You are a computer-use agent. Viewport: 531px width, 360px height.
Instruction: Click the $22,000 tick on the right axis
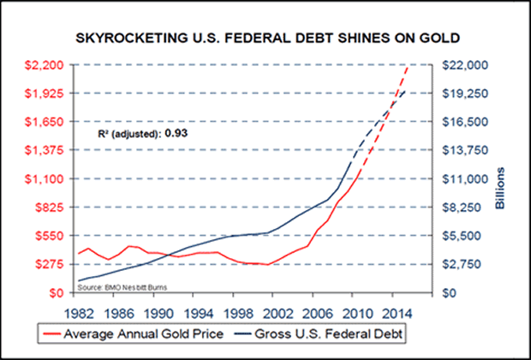462,65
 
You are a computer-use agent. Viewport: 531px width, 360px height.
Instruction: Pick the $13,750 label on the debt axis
462,150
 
